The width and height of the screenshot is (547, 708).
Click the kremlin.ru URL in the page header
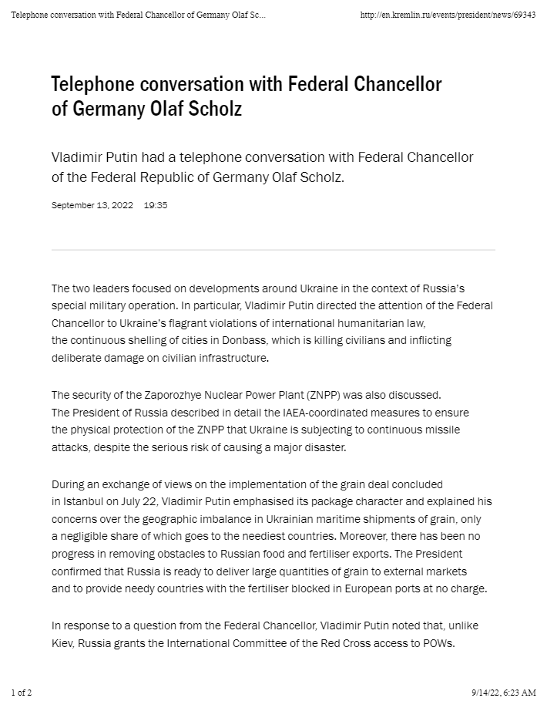tap(448, 15)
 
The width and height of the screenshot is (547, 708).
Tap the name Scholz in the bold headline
tap(216, 109)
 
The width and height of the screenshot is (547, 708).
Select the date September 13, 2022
tap(92, 206)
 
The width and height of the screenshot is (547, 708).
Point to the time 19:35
tap(156, 206)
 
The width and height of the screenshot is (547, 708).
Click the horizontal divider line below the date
tap(273, 250)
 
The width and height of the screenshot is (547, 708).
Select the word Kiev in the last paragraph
tap(63, 642)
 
